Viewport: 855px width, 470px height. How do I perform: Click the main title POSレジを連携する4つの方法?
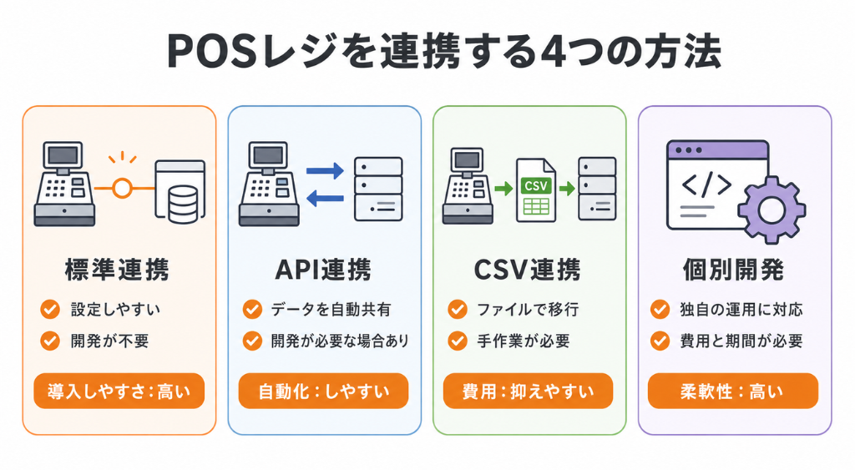click(x=444, y=51)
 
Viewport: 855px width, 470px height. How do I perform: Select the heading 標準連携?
click(x=117, y=270)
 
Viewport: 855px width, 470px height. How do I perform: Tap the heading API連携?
click(x=323, y=270)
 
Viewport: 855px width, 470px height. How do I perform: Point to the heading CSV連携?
click(x=528, y=270)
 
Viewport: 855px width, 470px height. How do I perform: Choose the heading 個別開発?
click(x=734, y=270)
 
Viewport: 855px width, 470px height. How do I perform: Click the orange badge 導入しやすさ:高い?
click(x=119, y=391)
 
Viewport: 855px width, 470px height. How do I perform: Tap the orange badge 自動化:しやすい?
click(x=323, y=391)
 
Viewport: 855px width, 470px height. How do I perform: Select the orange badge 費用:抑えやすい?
click(x=528, y=391)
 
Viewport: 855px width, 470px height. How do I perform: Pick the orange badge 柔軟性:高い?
click(x=733, y=391)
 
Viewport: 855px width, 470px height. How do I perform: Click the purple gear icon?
click(x=771, y=210)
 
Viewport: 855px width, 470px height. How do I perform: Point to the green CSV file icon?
click(x=535, y=190)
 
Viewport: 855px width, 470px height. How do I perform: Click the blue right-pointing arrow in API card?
click(x=325, y=170)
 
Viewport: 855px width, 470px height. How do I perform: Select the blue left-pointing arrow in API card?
click(x=325, y=198)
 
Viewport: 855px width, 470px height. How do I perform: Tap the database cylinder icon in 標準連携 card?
click(x=183, y=205)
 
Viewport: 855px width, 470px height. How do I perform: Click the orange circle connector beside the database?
click(x=122, y=189)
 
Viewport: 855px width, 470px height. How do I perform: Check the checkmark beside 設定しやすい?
click(x=50, y=309)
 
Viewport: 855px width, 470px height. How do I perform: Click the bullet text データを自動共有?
click(x=331, y=310)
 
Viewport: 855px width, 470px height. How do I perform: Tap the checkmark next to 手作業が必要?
click(x=458, y=341)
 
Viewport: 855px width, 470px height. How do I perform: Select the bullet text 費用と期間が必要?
click(x=741, y=341)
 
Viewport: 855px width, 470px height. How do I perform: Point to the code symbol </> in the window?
click(x=706, y=185)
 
